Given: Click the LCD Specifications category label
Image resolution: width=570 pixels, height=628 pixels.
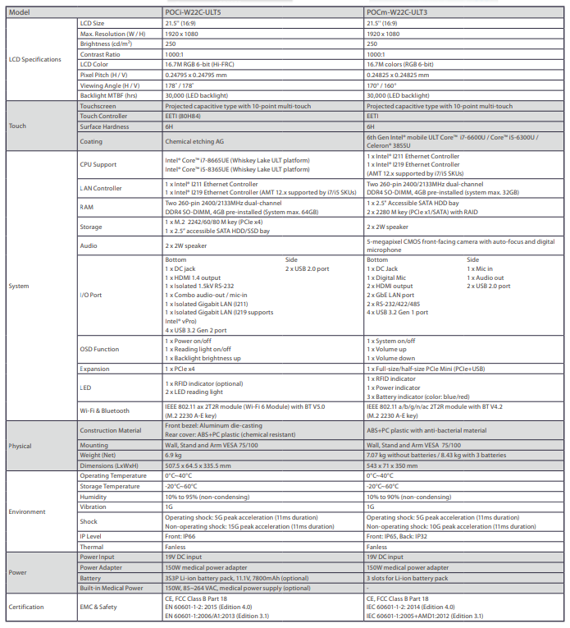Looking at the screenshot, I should coord(35,59).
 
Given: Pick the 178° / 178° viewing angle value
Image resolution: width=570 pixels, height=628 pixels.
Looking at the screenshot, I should coord(180,85).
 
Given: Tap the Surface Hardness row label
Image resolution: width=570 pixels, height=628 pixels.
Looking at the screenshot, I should coord(104,127).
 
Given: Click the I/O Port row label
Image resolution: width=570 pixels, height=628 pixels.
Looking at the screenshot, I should coord(92,294).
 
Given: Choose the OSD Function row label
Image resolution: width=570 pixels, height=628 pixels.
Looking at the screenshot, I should coord(99,348).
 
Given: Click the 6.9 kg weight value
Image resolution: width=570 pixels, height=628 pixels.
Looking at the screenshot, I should coord(173,455).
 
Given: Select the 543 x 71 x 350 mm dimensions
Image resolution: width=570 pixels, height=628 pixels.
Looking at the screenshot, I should coord(397,465).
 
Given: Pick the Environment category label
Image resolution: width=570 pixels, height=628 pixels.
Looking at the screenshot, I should coord(28,511).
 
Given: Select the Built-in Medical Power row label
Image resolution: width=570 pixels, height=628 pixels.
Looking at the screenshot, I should coord(112,587).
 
